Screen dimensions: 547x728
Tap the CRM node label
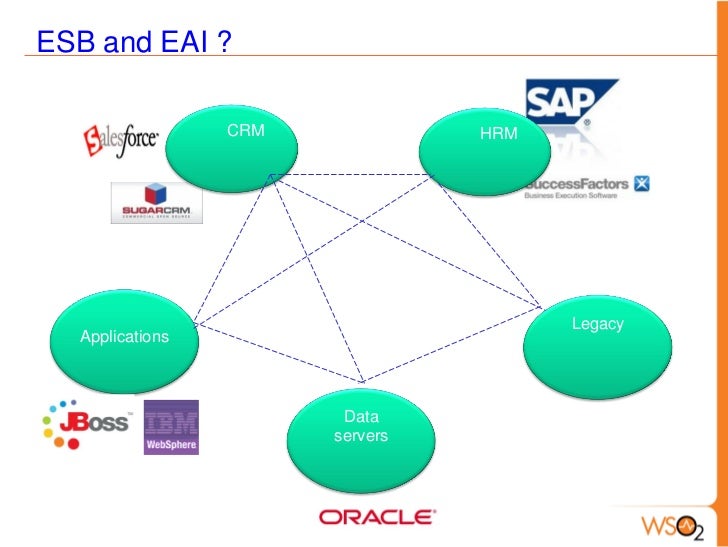(x=245, y=130)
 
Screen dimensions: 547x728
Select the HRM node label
(x=499, y=133)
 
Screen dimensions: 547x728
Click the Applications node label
(x=124, y=337)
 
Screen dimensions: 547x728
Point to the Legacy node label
(x=597, y=324)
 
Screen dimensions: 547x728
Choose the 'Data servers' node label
(x=360, y=426)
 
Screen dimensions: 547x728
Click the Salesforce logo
(x=120, y=140)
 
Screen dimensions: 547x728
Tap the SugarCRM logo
(x=156, y=202)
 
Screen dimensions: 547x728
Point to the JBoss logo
(x=86, y=423)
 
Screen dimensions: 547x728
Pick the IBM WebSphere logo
(x=171, y=427)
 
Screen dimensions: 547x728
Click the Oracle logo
(x=376, y=517)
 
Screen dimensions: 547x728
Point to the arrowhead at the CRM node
(x=269, y=177)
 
